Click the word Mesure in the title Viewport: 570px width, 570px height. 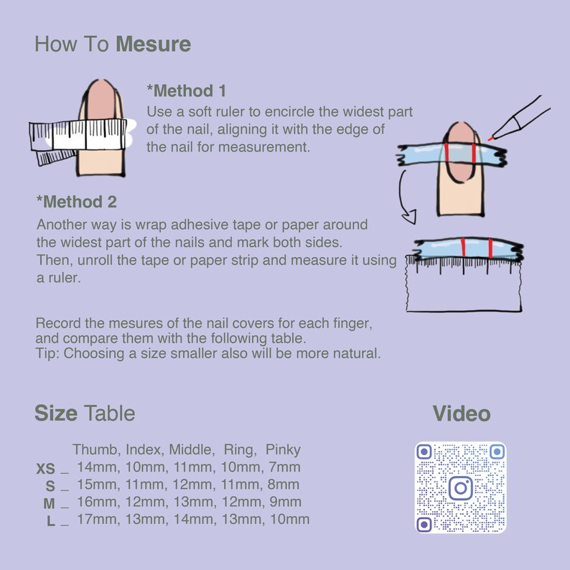point(153,45)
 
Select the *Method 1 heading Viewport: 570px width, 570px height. point(186,91)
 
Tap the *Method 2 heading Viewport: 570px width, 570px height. point(76,202)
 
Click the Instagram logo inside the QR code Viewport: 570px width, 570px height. point(460,488)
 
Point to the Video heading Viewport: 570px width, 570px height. point(461,414)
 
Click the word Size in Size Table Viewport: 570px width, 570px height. point(56,414)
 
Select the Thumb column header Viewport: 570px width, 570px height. point(96,450)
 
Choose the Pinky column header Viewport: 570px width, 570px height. point(283,450)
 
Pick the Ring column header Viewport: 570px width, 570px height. point(240,450)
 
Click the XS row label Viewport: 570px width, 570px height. point(45,469)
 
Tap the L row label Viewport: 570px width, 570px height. point(51,521)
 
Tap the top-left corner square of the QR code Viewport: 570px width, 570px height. point(424,452)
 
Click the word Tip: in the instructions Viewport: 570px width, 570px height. point(48,353)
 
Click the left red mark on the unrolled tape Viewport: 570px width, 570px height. point(464,248)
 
